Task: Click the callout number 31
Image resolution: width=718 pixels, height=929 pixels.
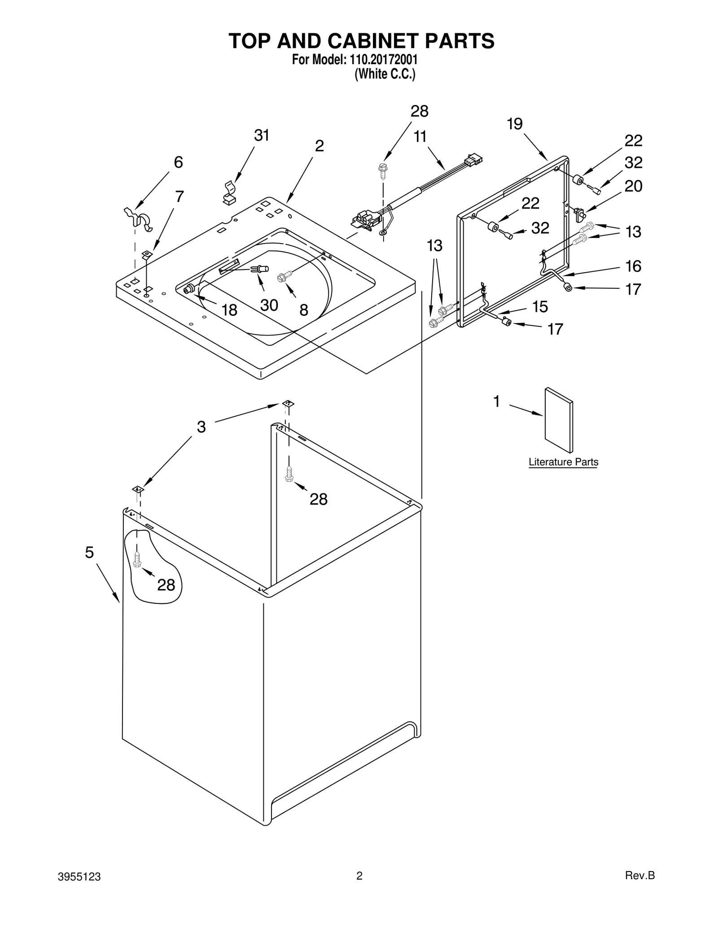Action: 262,135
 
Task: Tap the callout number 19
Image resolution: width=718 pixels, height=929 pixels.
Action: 515,124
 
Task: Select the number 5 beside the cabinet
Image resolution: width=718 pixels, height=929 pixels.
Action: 89,553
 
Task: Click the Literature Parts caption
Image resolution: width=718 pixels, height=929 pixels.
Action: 563,462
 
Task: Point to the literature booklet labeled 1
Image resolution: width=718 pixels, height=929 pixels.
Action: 559,420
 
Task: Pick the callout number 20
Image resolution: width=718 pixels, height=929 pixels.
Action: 633,186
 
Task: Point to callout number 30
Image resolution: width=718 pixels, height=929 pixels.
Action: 269,305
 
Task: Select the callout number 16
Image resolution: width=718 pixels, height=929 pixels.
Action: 633,266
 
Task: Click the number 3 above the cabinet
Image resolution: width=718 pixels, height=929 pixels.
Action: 201,427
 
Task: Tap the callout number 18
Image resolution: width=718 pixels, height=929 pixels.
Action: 229,310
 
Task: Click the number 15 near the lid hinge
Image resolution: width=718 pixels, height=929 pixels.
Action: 540,307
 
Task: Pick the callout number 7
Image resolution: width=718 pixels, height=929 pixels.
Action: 179,196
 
